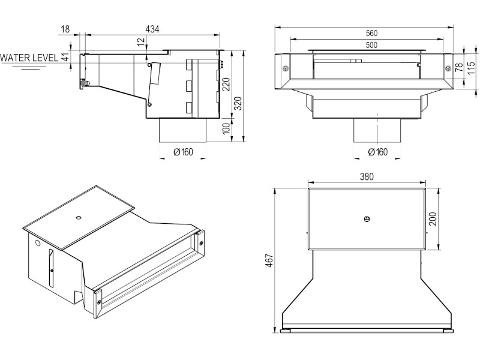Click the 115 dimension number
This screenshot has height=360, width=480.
472,70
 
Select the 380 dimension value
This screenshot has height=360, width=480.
367,177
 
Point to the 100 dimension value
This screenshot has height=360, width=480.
226,130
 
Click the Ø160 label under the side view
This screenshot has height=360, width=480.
183,152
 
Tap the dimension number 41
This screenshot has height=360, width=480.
64,57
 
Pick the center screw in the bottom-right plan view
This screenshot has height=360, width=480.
367,219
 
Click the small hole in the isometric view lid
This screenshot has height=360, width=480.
79,215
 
